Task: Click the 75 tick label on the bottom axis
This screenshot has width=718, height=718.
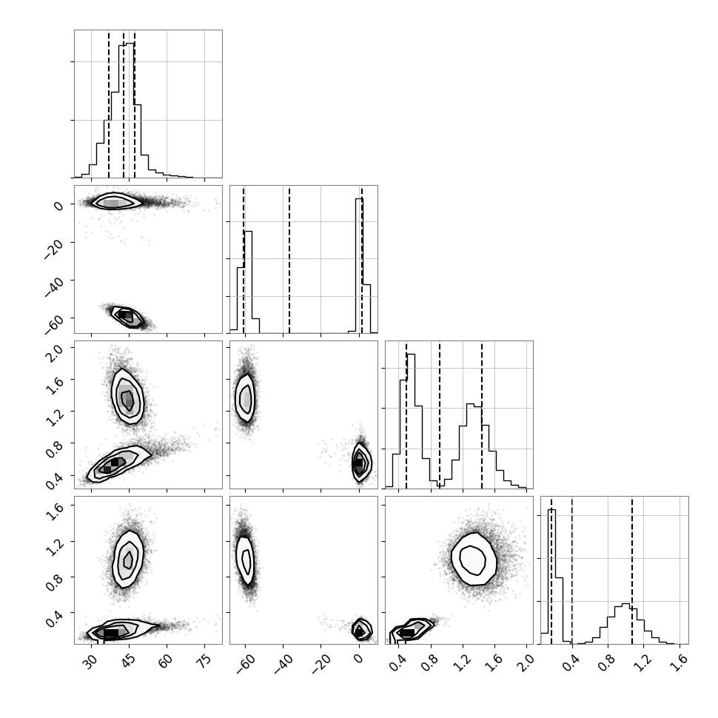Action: pos(205,660)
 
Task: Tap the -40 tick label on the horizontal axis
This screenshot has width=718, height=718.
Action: pos(283,663)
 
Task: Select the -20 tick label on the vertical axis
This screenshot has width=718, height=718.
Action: pos(54,249)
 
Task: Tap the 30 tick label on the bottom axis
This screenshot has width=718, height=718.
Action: pos(92,660)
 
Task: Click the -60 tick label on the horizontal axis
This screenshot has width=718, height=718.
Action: pos(246,663)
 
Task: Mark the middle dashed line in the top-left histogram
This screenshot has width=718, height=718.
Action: pos(124,104)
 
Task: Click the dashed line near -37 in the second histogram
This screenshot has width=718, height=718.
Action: pos(289,260)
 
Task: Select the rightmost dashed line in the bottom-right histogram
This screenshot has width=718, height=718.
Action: pos(632,570)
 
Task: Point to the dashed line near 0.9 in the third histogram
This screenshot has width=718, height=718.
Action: pos(440,415)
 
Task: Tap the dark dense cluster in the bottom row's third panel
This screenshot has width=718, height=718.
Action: pos(407,633)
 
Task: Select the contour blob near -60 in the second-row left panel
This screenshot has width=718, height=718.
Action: pos(128,316)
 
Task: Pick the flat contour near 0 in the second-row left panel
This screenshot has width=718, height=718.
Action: pos(116,201)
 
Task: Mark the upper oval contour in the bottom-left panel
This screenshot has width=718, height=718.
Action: pos(128,559)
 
